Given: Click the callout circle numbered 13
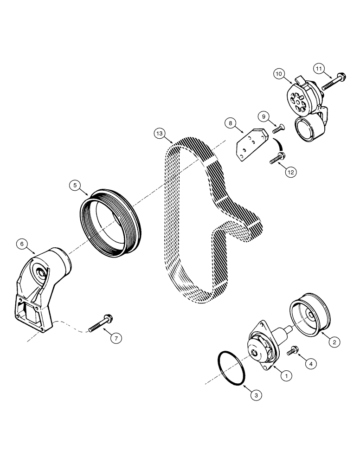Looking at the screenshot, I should (x=160, y=134).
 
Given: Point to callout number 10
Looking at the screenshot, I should (x=279, y=73).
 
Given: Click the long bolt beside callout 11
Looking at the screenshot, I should (x=332, y=82).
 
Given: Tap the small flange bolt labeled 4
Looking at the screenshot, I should (x=293, y=351).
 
